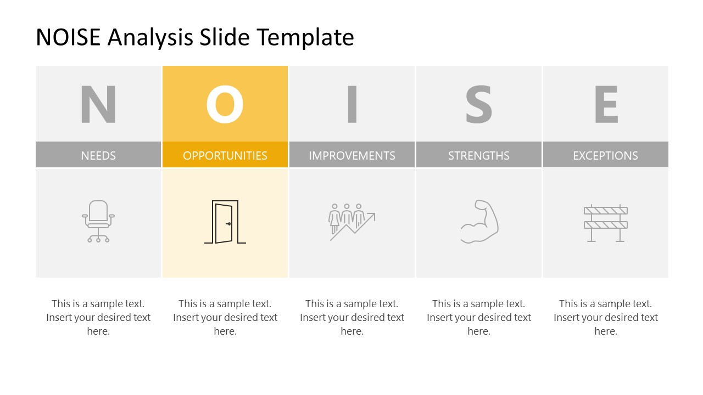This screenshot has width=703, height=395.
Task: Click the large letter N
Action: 98,104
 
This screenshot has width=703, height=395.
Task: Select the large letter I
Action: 352,104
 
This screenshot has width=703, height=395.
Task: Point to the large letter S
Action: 479,104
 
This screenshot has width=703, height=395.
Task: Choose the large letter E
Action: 606,104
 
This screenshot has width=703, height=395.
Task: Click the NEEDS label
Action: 98,155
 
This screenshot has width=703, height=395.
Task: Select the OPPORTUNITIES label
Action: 225,155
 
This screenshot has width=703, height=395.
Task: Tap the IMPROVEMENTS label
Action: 352,155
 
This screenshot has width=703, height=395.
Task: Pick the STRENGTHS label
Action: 479,155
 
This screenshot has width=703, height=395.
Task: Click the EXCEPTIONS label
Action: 606,155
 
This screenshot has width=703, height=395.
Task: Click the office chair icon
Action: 98,221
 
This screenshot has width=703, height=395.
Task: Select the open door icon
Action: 225,222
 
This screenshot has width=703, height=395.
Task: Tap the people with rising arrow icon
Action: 352,222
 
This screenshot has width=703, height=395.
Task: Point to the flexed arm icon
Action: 479,222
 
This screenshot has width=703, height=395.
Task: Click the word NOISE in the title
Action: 68,37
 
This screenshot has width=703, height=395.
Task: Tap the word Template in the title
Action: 305,37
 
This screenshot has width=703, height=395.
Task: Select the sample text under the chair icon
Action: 98,317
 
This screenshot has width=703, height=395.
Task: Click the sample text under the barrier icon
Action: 606,317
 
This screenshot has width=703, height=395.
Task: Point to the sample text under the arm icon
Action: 479,317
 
